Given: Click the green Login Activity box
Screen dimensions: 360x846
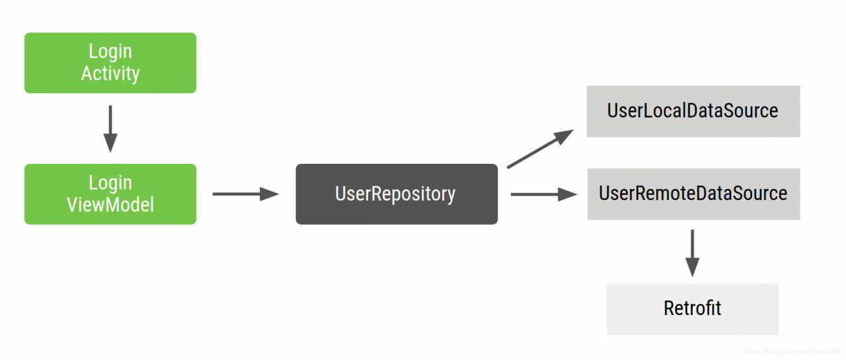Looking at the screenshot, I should [110, 63].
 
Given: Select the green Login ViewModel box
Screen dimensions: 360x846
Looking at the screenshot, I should [110, 194].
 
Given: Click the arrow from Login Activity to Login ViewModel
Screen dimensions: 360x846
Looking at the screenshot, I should [110, 129].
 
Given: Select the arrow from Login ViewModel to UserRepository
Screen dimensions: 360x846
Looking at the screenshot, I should [245, 194].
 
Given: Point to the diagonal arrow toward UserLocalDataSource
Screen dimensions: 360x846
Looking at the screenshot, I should [540, 149].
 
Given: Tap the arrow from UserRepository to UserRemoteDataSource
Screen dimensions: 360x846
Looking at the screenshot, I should [543, 194].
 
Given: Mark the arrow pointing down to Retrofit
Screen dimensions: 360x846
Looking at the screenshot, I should [692, 253].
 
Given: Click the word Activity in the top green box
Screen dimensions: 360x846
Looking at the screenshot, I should [110, 73].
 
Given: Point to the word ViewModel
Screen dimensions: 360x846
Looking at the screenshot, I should [110, 205].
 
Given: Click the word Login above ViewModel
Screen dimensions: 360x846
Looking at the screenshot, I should [110, 183].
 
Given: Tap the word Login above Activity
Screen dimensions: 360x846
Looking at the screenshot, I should [110, 52].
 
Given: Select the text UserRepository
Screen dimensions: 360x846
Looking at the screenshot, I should [395, 194].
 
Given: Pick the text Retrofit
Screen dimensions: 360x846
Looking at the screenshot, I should [693, 308].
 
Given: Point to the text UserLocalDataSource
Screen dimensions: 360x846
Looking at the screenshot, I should [693, 110].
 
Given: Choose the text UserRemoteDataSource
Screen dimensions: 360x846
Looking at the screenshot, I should [693, 194].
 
